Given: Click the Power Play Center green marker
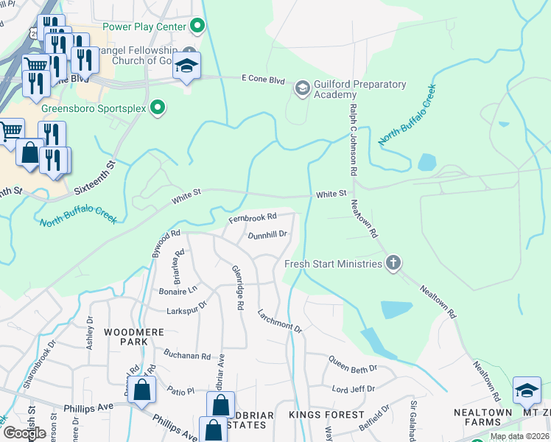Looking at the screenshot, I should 197,27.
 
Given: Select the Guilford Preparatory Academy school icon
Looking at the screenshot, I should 302,89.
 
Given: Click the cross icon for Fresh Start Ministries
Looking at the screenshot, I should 393,263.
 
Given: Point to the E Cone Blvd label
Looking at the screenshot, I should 263,80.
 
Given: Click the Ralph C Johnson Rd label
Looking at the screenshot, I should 353,139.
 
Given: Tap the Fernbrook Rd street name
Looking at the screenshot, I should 252,217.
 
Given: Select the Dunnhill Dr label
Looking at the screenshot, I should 267,235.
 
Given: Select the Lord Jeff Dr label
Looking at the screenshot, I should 354,388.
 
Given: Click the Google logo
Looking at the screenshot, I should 24,432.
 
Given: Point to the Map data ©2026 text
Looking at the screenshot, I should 519,436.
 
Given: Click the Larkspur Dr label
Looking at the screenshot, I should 186,307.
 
